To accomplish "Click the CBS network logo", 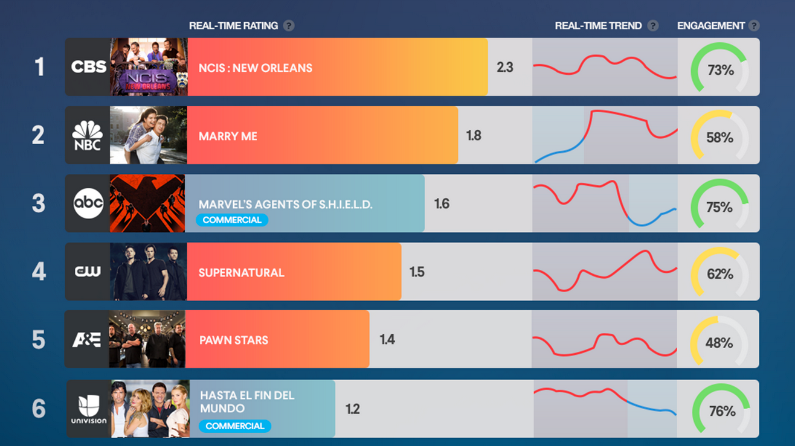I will (x=88, y=66).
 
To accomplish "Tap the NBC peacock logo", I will (x=88, y=135).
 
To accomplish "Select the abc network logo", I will (x=88, y=203).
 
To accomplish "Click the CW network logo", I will (x=88, y=272).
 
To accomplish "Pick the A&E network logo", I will (x=87, y=340).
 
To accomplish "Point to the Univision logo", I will (x=89, y=409).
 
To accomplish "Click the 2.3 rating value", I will (x=505, y=67).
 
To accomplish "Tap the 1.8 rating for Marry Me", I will (x=474, y=136).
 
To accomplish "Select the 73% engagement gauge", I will (x=719, y=67).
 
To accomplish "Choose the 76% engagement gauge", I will (x=721, y=410).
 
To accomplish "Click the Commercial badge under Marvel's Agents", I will (x=232, y=220).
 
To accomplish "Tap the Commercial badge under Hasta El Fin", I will (x=235, y=426).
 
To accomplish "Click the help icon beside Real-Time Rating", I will (x=289, y=26).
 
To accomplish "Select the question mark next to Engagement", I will (x=753, y=26).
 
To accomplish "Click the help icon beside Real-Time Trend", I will (x=653, y=26).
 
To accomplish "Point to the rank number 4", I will (x=39, y=272).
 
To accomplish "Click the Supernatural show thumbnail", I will (x=149, y=272).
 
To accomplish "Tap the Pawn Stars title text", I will (x=233, y=340).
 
